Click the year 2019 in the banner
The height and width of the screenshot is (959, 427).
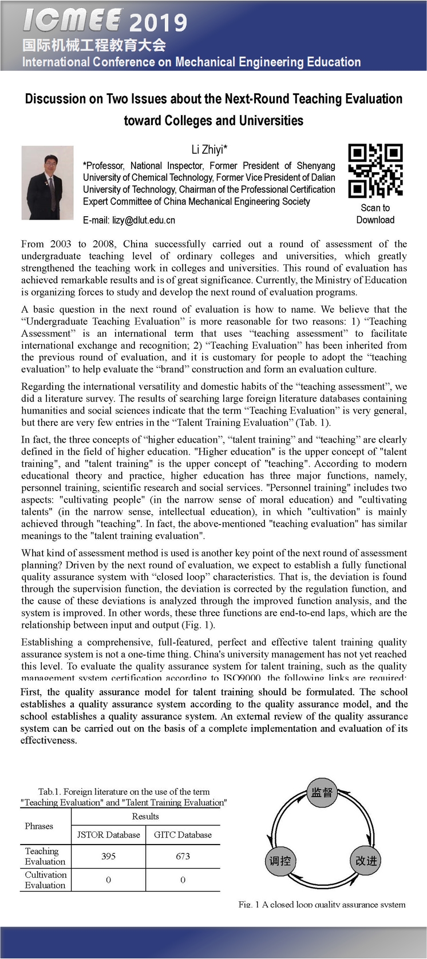(158, 23)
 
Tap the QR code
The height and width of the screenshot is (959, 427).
(375, 170)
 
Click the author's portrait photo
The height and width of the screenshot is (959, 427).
(48, 182)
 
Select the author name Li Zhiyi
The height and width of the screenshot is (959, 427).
(209, 150)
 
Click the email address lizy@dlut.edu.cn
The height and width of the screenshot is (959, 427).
(129, 220)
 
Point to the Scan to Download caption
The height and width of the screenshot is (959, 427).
(375, 214)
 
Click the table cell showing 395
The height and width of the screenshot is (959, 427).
(108, 856)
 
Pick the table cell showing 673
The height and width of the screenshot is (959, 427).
(183, 856)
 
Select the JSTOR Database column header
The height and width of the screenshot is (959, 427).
(108, 835)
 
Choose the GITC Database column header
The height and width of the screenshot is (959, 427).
(183, 835)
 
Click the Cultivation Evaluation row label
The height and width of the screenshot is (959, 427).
(45, 880)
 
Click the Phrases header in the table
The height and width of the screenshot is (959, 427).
(39, 826)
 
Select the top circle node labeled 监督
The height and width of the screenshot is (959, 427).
(321, 792)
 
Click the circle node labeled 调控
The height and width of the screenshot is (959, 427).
(280, 861)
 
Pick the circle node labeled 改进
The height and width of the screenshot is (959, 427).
(366, 861)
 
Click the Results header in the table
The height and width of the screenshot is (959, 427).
(145, 817)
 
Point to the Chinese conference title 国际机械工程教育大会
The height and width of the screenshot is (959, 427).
(94, 45)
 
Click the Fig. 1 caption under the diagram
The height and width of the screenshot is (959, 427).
(322, 904)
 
